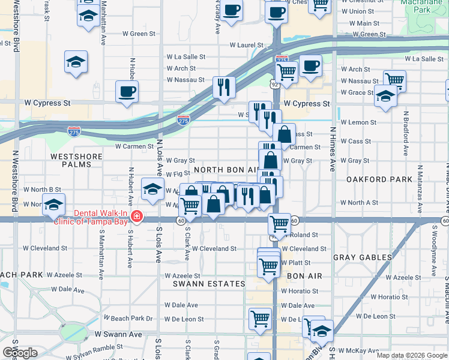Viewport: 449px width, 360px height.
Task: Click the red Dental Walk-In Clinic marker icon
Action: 137,216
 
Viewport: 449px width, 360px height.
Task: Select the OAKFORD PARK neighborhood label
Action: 379,179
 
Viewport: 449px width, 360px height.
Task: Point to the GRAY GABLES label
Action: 363,257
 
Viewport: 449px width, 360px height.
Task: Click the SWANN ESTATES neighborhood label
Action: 209,283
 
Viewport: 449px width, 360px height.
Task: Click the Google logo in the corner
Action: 20,353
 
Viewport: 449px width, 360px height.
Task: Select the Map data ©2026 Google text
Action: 411,355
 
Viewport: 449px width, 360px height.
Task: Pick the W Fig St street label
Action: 178,173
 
